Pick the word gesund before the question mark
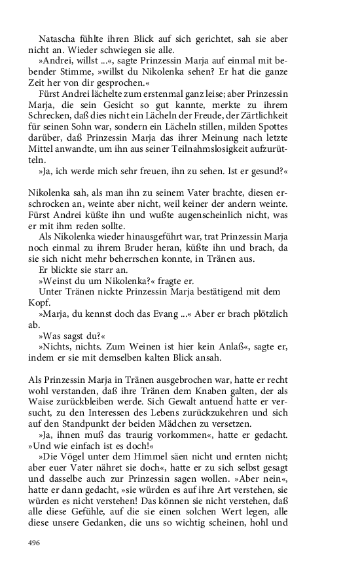tap(266, 170)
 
